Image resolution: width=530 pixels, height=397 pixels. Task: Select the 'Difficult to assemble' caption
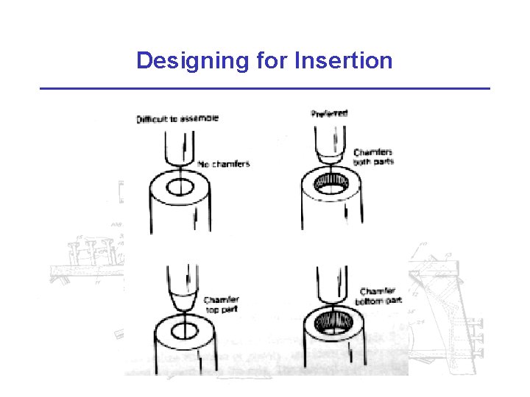177,118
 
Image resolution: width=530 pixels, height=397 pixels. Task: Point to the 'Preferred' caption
329,113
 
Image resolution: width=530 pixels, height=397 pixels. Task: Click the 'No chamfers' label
224,163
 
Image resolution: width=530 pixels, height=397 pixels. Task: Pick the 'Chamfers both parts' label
373,157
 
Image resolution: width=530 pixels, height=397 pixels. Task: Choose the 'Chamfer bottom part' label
381,296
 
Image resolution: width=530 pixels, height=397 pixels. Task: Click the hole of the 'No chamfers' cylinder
180,187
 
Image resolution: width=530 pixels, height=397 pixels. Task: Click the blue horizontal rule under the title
265,88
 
